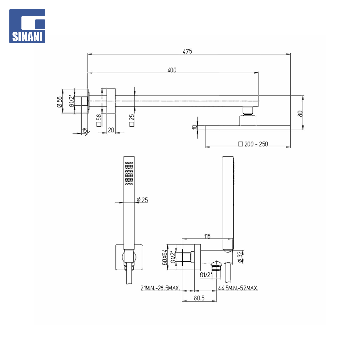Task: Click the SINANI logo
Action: (27, 26)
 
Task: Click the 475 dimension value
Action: (187, 51)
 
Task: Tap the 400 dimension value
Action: (172, 70)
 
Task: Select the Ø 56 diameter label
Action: (59, 102)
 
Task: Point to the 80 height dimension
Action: (300, 113)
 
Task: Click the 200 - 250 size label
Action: (253, 144)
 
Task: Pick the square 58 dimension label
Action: (99, 120)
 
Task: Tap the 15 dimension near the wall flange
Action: (84, 130)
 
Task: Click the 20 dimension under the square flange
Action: (111, 130)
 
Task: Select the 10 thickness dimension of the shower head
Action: (194, 127)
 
